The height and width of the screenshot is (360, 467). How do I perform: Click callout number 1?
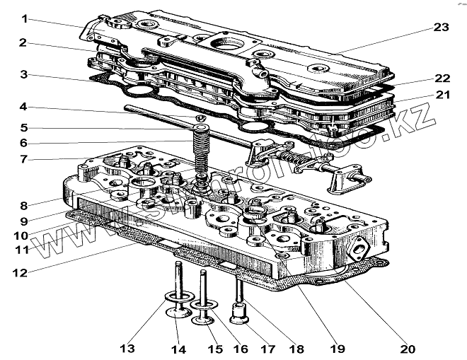tap(23, 18)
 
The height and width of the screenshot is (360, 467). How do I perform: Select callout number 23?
tap(442, 28)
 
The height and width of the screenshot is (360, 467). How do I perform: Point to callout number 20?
tap(407, 349)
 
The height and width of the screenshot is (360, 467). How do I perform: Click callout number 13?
tap(127, 348)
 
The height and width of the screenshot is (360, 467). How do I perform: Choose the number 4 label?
tap(23, 107)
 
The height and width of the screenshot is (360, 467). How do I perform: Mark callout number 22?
tap(443, 78)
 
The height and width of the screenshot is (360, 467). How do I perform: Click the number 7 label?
tap(23, 160)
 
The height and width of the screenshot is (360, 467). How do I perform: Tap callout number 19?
tap(336, 349)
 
